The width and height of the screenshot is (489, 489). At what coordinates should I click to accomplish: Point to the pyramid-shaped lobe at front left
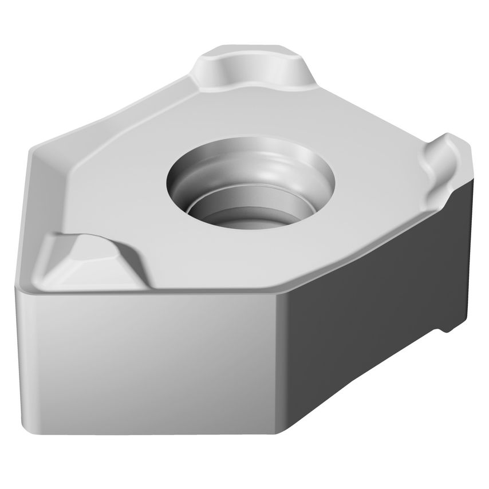[x=86, y=258]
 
